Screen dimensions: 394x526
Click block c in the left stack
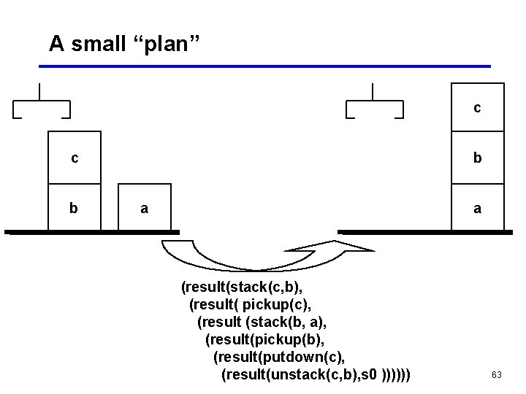75,158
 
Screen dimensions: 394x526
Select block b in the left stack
75,207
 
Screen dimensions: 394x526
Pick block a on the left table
145,209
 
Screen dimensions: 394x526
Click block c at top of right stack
477,108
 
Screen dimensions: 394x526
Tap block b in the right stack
477,158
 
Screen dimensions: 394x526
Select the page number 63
497,375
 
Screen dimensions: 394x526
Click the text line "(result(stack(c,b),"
242,287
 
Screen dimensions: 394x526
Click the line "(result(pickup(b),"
265,339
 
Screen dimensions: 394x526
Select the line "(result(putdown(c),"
278,357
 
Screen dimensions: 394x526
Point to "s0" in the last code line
370,374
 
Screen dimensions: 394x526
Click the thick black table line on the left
91,232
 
